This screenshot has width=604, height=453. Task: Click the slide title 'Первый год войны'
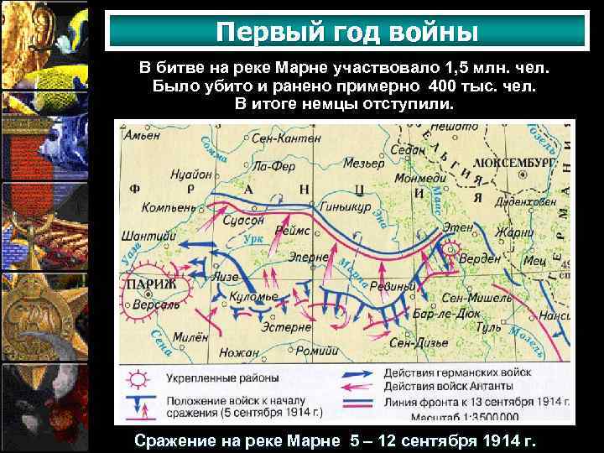tap(346, 32)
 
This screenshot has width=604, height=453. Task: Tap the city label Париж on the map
tap(150, 285)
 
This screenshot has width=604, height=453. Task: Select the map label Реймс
tap(294, 217)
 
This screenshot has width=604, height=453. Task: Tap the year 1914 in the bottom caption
tap(495, 441)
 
